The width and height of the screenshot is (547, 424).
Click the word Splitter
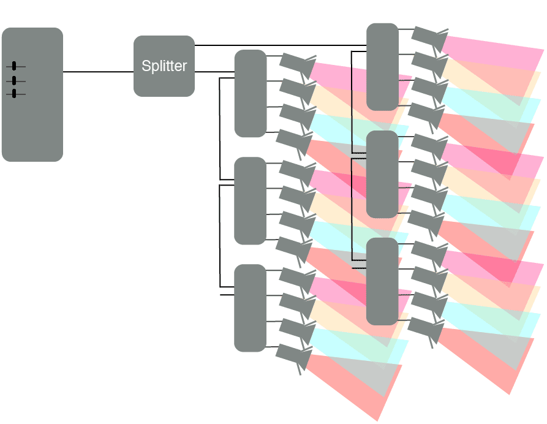pos(164,66)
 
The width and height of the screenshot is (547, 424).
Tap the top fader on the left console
pos(14,66)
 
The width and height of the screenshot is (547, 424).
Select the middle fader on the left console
pos(14,80)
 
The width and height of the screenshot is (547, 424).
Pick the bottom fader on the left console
pos(14,94)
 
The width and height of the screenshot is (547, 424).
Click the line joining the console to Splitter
pos(98,72)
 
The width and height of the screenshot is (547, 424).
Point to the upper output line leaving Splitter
pos(276,45)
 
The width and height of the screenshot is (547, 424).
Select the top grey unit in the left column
pos(250,93)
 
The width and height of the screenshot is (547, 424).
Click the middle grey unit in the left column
pos(250,200)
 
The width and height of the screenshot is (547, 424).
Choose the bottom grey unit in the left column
pos(250,308)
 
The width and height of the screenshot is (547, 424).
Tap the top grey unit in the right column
pos(382,67)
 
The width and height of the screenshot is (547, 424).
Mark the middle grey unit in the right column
pos(382,174)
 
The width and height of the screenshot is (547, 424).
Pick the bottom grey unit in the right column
pos(382,281)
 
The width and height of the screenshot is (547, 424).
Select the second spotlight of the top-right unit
pos(429,62)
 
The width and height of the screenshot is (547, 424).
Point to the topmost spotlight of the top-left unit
pos(297,64)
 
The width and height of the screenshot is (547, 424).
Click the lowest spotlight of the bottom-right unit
pos(426,330)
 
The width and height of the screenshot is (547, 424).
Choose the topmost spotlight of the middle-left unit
pos(297,171)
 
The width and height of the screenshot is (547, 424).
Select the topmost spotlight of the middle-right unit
pos(429,145)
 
